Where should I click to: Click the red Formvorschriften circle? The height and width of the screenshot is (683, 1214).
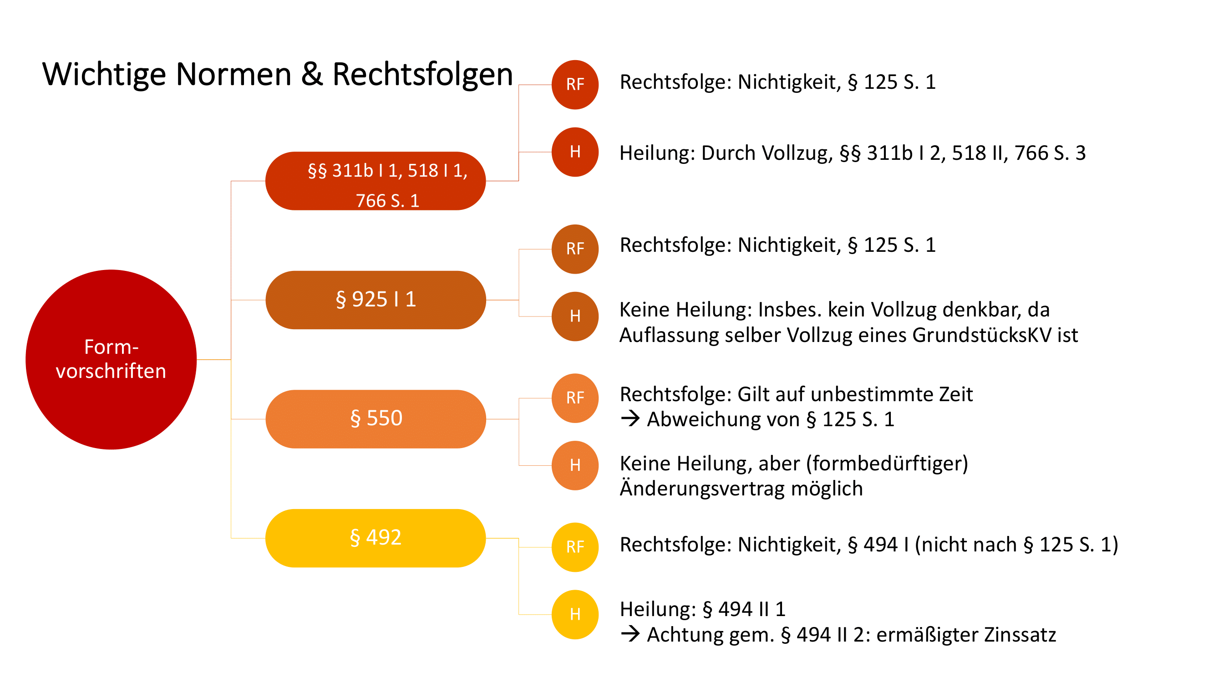click(x=111, y=359)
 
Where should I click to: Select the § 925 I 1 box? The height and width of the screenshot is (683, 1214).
click(x=376, y=300)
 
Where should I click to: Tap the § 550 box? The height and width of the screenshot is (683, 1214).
click(x=376, y=418)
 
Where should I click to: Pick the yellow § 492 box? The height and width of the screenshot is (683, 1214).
click(x=376, y=538)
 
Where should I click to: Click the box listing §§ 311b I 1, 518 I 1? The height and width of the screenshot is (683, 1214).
click(x=376, y=181)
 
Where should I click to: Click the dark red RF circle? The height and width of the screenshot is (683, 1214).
click(x=575, y=85)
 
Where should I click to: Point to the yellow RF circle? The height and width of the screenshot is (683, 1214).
click(x=575, y=547)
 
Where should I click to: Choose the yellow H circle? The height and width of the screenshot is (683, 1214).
click(x=575, y=614)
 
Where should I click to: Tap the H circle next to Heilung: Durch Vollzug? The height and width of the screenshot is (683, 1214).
click(x=575, y=152)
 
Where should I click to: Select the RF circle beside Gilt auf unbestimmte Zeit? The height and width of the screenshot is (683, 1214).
click(x=575, y=398)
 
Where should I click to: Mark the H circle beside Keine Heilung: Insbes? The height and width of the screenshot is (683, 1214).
click(x=575, y=316)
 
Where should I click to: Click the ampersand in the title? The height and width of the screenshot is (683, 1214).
click(x=312, y=75)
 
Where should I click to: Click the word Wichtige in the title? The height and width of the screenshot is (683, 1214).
click(x=104, y=75)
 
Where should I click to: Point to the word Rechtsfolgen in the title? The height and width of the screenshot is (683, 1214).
click(x=422, y=75)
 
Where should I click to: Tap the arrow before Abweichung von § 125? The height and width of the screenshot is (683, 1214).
click(x=630, y=418)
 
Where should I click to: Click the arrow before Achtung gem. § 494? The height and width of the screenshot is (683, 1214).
click(x=630, y=634)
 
